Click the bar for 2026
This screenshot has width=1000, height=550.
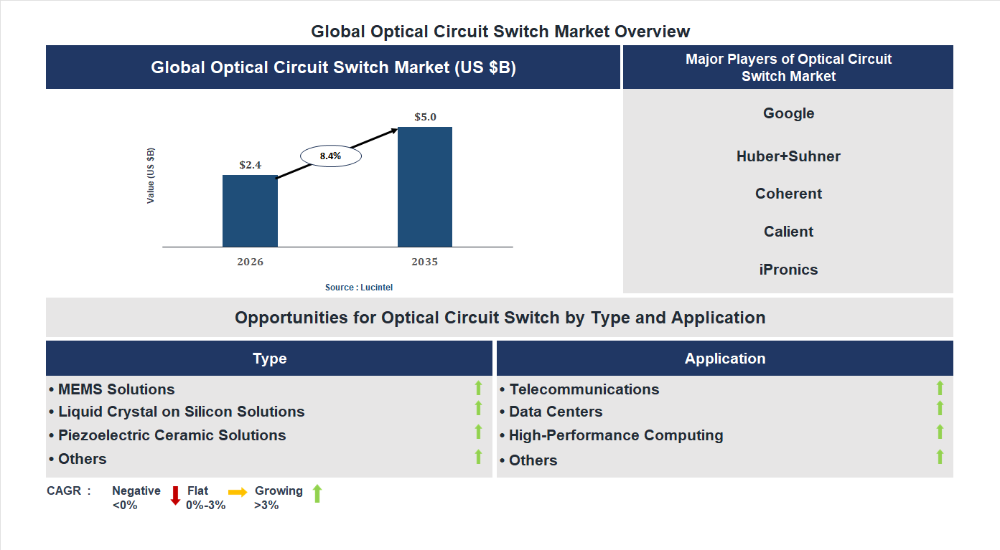coord(250,211)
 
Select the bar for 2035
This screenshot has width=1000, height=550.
coord(425,187)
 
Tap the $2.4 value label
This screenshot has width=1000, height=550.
coord(250,165)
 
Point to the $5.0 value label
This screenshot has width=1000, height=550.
coord(425,117)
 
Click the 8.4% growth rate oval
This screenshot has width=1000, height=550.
coord(330,156)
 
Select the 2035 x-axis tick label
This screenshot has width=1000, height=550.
coord(424,262)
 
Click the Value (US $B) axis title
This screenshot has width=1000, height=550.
coord(151,176)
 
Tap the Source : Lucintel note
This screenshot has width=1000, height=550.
coord(359,288)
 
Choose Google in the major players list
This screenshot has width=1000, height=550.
coord(788,113)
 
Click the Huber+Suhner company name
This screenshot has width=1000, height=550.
coord(788,156)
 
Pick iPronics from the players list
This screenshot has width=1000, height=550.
coord(788,270)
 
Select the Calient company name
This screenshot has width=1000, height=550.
coord(788,232)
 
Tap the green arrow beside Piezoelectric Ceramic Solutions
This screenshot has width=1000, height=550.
coord(478,432)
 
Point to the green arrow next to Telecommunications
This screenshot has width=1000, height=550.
coord(940,388)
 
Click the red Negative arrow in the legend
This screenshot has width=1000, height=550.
coord(175,496)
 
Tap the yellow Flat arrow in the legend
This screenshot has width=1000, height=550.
coord(238,492)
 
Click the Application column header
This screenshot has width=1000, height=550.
coord(724,359)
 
